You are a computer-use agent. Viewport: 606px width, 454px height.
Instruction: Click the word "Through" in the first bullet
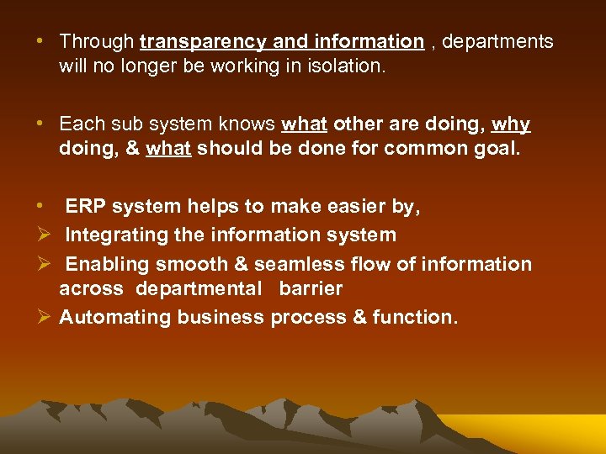(97, 41)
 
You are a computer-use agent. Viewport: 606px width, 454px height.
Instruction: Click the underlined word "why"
(510, 124)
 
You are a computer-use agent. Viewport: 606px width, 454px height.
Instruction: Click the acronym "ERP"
(86, 207)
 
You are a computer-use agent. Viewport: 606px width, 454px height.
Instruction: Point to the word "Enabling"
(103, 264)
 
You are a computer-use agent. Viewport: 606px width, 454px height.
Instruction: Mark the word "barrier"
(311, 288)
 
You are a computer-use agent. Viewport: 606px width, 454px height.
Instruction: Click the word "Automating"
(111, 317)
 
